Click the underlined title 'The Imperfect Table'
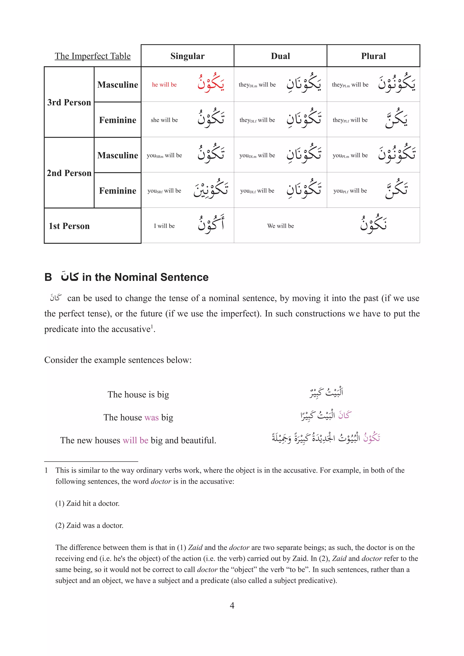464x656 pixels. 93,56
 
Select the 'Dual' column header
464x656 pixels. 280,56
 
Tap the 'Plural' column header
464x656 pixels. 373,56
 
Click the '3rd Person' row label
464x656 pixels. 69,102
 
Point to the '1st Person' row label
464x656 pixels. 69,226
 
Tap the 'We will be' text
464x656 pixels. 280,226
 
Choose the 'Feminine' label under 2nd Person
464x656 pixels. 118,191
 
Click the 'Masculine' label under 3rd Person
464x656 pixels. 118,85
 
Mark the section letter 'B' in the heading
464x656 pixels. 48,277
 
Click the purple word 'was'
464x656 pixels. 152,417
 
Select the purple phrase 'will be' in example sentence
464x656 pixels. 135,440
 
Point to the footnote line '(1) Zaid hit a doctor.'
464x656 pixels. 87,503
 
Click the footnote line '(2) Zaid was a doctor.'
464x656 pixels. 89,525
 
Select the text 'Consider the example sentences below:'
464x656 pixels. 118,360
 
